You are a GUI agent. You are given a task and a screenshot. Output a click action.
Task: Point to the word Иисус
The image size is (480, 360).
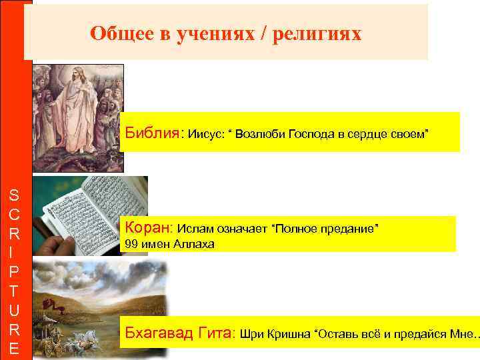(x=206, y=135)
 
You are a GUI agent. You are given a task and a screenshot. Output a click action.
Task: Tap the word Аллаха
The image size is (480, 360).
(x=193, y=244)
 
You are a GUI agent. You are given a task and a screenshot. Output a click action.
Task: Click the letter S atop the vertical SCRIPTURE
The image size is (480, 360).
(x=14, y=195)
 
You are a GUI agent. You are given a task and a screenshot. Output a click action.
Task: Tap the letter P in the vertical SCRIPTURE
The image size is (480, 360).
(x=14, y=273)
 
